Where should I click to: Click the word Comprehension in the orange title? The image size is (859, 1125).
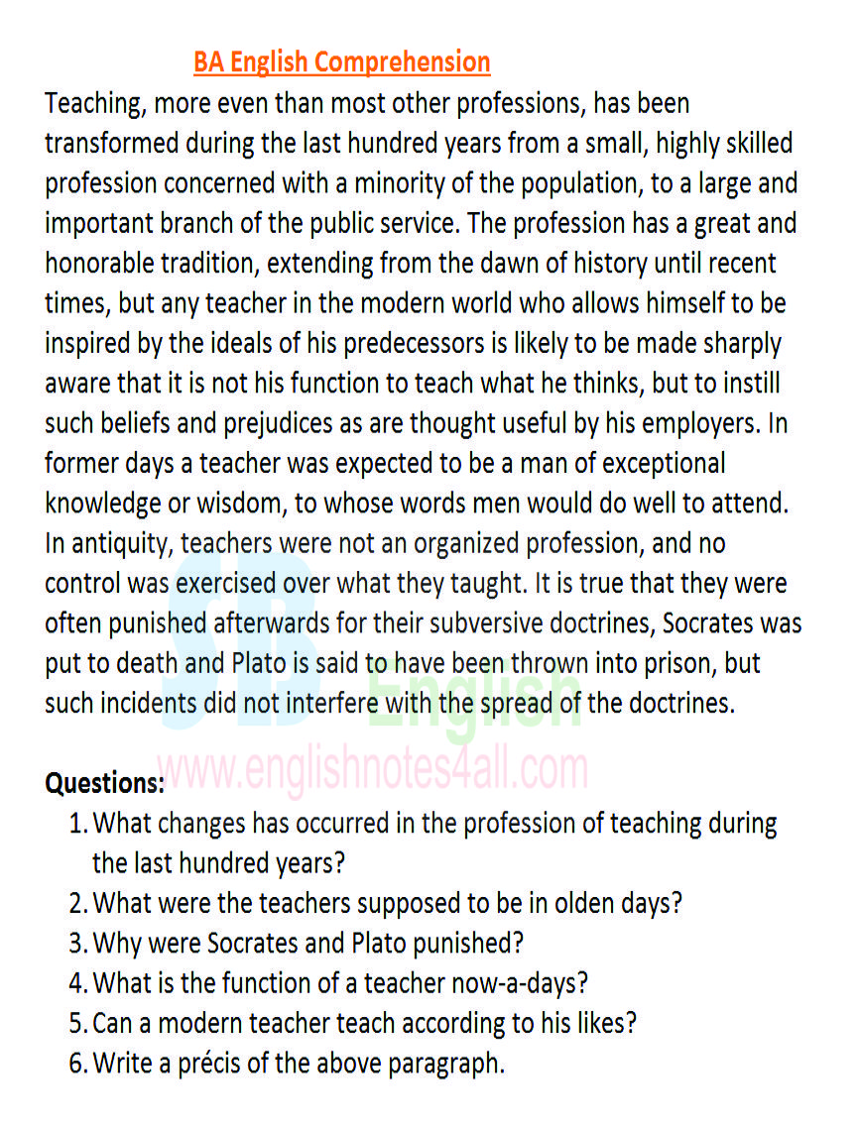[x=403, y=62]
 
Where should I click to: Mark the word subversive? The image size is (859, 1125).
[x=516, y=624]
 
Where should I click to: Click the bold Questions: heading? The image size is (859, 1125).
[x=104, y=783]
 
